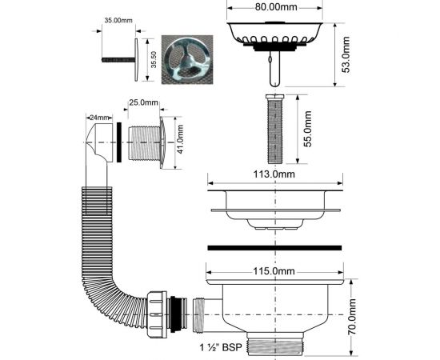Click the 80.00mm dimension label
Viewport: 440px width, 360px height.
275,7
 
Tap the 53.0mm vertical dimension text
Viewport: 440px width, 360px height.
346,54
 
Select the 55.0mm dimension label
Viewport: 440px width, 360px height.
308,129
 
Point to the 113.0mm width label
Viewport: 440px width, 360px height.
274,174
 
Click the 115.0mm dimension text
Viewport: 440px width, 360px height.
274,271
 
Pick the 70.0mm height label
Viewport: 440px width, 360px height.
352,317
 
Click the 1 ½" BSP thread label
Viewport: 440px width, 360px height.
221,347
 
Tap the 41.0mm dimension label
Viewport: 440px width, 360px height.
180,139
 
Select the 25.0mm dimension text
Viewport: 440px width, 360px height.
143,102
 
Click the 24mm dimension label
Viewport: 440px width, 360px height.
99,118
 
